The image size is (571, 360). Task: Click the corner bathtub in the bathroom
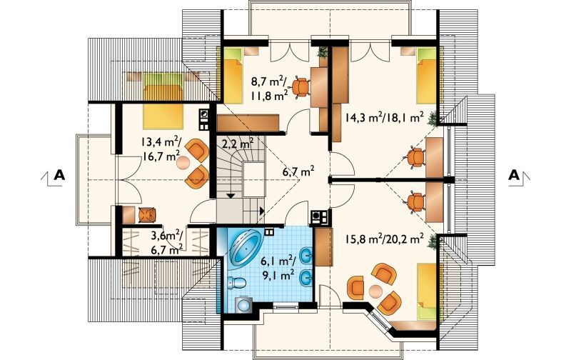[x=244, y=248]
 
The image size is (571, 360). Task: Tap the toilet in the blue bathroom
[x=236, y=282]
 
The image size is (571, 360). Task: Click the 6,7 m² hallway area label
[x=298, y=171]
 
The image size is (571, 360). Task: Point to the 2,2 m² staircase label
[x=238, y=143]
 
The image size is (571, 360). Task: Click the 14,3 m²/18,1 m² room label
[x=384, y=117]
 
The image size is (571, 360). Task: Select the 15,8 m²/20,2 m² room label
[x=384, y=239]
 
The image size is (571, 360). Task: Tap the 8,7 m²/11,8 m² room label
[x=270, y=88]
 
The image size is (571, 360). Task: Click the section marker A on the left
[x=59, y=175]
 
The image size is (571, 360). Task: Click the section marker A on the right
[x=514, y=175]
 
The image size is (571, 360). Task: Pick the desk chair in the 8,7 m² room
[x=300, y=87]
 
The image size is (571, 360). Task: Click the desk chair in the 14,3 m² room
[x=416, y=157]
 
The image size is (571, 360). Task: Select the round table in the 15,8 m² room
[x=375, y=291]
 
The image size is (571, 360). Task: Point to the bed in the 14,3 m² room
[x=426, y=76]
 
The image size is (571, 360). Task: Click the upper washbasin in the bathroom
[x=305, y=256]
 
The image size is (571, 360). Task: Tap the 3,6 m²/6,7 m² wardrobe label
[x=167, y=243]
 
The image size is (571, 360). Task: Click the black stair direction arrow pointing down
[x=230, y=195]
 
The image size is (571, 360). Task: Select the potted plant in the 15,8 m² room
[x=433, y=242]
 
